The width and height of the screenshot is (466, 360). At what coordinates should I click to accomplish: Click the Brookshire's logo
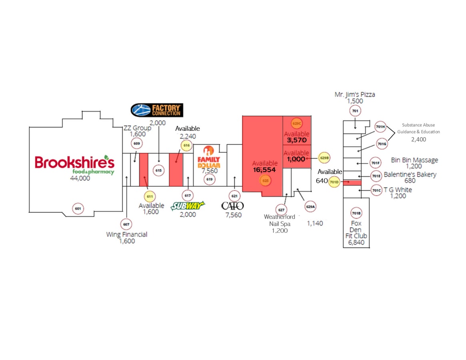coord(74,164)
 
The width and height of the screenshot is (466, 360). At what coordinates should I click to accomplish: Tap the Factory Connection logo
coord(157,110)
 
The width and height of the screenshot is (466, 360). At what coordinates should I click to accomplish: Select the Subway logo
coord(188,206)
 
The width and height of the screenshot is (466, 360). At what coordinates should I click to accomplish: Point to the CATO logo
coord(232,206)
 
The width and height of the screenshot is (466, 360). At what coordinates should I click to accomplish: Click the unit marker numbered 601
coord(78,208)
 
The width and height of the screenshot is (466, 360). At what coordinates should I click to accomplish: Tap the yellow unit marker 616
coord(186,146)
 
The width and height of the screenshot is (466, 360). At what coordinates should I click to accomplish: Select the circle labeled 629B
coord(324,158)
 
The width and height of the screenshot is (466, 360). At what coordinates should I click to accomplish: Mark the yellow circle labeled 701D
coord(334,182)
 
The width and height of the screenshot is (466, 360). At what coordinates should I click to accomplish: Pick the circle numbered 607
coord(126,224)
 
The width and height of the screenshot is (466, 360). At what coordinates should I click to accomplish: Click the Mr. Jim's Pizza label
coord(355,94)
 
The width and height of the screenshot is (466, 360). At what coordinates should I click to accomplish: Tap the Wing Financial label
coord(127,234)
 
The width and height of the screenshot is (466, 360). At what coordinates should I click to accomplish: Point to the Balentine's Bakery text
coord(410,174)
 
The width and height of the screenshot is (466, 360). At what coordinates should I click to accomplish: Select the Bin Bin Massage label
coord(414,160)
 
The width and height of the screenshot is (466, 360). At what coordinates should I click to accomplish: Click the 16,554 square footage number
coord(264,170)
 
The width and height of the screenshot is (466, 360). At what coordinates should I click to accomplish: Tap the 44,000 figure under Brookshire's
coord(80,178)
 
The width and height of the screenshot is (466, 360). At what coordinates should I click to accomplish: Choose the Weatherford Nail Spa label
coord(279,220)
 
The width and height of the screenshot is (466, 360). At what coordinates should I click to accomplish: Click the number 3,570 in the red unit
coord(297,140)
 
